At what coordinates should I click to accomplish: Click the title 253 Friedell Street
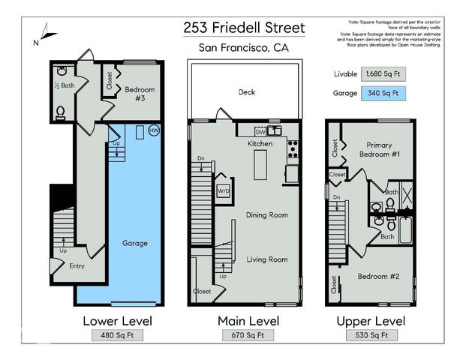click(244, 28)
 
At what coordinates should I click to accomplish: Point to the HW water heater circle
click(154, 130)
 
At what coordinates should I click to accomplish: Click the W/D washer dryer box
click(224, 191)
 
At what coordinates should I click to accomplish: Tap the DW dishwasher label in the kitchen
click(260, 132)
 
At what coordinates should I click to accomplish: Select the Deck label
click(247, 92)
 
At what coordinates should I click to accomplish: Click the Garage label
click(135, 243)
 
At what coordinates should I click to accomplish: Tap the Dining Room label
click(267, 215)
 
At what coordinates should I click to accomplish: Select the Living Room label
click(267, 259)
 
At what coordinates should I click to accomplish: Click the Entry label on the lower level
click(77, 265)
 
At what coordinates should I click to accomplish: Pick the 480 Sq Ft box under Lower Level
click(116, 335)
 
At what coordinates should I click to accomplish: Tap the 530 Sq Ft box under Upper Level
click(370, 335)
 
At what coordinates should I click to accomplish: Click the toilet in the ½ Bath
click(61, 113)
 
